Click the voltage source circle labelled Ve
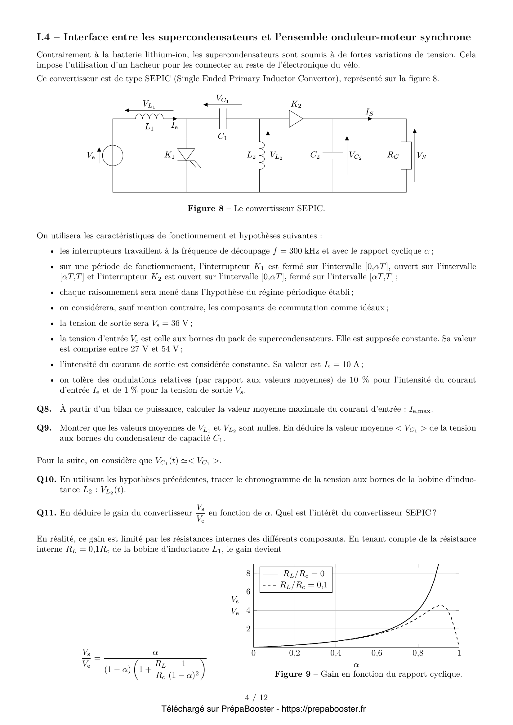click(113, 155)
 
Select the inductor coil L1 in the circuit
click(149, 117)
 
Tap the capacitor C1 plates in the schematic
click(223, 119)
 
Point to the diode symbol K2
click(296, 119)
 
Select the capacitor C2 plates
click(333, 155)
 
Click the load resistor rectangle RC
click(406, 155)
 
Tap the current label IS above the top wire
click(369, 112)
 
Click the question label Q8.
click(44, 409)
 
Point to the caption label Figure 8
click(205, 208)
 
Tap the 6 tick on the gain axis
click(248, 591)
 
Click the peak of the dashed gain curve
click(441, 606)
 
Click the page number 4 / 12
click(256, 697)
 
